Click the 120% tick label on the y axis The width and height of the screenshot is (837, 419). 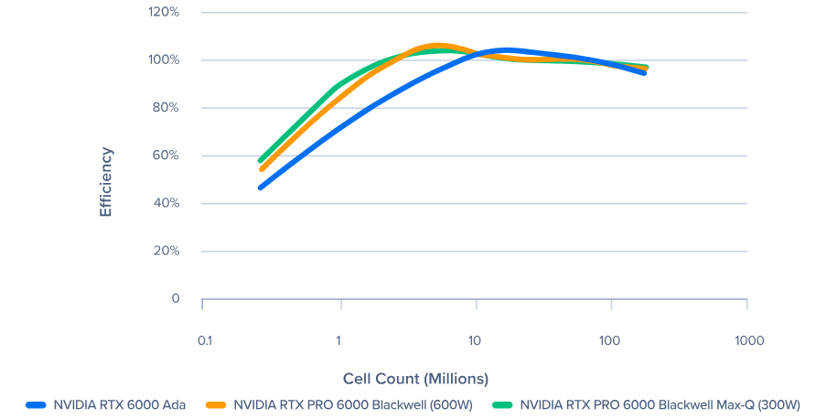point(163,13)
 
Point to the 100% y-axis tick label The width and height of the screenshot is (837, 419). point(163,60)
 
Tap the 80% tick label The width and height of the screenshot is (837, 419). point(165,108)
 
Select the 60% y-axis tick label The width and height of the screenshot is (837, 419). point(165,156)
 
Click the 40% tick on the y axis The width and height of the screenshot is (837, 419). point(165,203)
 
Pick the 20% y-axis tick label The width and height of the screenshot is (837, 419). point(165,251)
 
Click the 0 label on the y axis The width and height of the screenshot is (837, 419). point(175,299)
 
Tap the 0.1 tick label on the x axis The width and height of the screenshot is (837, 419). point(204,340)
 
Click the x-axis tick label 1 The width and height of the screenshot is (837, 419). point(338,340)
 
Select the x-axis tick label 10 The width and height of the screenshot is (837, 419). point(475,340)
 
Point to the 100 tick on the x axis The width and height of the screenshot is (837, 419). point(610,340)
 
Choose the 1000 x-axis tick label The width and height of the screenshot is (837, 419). point(749,340)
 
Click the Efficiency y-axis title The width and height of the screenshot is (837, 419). point(105,181)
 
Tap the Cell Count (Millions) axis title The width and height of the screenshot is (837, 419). point(415,378)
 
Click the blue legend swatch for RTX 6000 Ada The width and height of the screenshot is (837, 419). point(37,404)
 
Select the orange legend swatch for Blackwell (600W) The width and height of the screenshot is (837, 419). point(217,404)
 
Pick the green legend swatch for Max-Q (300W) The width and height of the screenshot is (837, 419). point(502,404)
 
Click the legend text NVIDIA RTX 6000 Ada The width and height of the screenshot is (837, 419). point(119,404)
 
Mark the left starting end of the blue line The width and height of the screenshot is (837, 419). point(262,188)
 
